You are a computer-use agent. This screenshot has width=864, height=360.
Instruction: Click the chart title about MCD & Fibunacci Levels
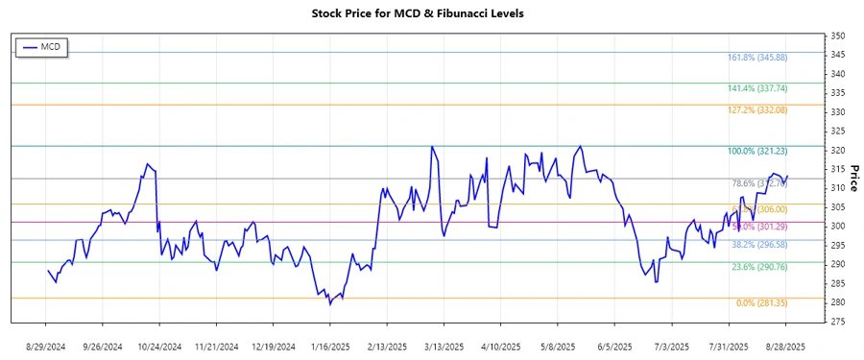pos(431,13)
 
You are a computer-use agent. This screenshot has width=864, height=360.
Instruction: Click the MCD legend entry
pos(41,47)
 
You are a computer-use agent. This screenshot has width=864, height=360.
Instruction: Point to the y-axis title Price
pos(853,178)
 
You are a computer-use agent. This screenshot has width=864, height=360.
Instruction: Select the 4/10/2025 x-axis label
pos(500,346)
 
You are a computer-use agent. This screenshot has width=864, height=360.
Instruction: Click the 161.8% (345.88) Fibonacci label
pos(758,58)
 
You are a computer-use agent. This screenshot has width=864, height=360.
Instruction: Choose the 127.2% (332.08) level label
pos(758,110)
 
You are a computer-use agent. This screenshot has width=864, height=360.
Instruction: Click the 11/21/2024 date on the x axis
pos(217,346)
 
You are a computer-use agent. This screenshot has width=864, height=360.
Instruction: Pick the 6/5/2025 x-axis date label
pos(614,346)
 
